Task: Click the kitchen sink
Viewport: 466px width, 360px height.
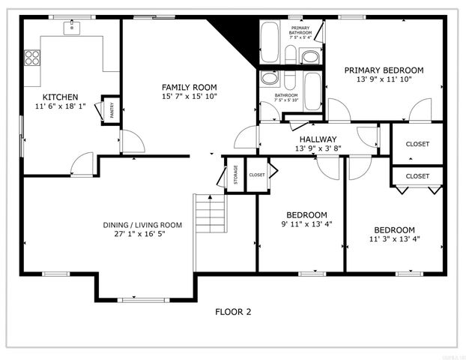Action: [x=73, y=28]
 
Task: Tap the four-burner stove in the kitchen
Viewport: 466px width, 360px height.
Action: [x=32, y=57]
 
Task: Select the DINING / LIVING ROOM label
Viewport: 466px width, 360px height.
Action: [x=142, y=224]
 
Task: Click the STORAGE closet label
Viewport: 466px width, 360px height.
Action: [x=235, y=173]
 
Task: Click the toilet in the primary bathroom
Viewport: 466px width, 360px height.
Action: [x=309, y=55]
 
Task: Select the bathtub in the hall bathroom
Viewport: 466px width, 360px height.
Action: [x=313, y=90]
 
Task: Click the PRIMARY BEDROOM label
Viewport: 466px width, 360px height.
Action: [x=384, y=70]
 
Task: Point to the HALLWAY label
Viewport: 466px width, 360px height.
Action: [x=318, y=139]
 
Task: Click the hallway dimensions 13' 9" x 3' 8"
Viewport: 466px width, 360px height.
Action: [x=318, y=148]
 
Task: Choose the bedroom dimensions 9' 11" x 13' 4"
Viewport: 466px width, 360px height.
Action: [x=307, y=223]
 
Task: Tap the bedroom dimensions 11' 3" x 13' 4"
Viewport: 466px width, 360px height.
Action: [x=394, y=239]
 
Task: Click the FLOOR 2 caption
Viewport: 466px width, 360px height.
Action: [x=232, y=312]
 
